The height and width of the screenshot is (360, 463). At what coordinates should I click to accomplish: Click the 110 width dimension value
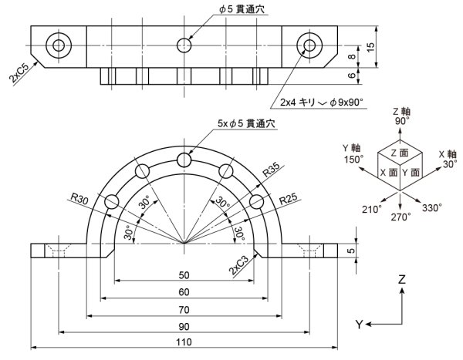tap(184, 342)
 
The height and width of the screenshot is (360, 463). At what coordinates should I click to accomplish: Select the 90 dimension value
tap(184, 326)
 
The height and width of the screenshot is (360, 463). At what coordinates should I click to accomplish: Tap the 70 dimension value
tap(184, 309)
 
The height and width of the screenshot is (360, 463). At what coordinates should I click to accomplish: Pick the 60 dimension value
tap(184, 292)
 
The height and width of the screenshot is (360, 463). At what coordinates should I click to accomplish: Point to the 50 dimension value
tap(184, 275)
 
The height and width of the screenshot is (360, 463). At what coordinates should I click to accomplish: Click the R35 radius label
tap(270, 170)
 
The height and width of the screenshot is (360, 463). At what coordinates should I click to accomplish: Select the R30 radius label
tap(79, 199)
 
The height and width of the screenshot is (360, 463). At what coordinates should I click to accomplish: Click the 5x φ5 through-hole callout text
tap(246, 124)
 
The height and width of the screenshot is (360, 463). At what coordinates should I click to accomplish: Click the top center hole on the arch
tap(184, 160)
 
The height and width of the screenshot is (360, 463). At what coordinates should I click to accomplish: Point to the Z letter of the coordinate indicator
tap(402, 281)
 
